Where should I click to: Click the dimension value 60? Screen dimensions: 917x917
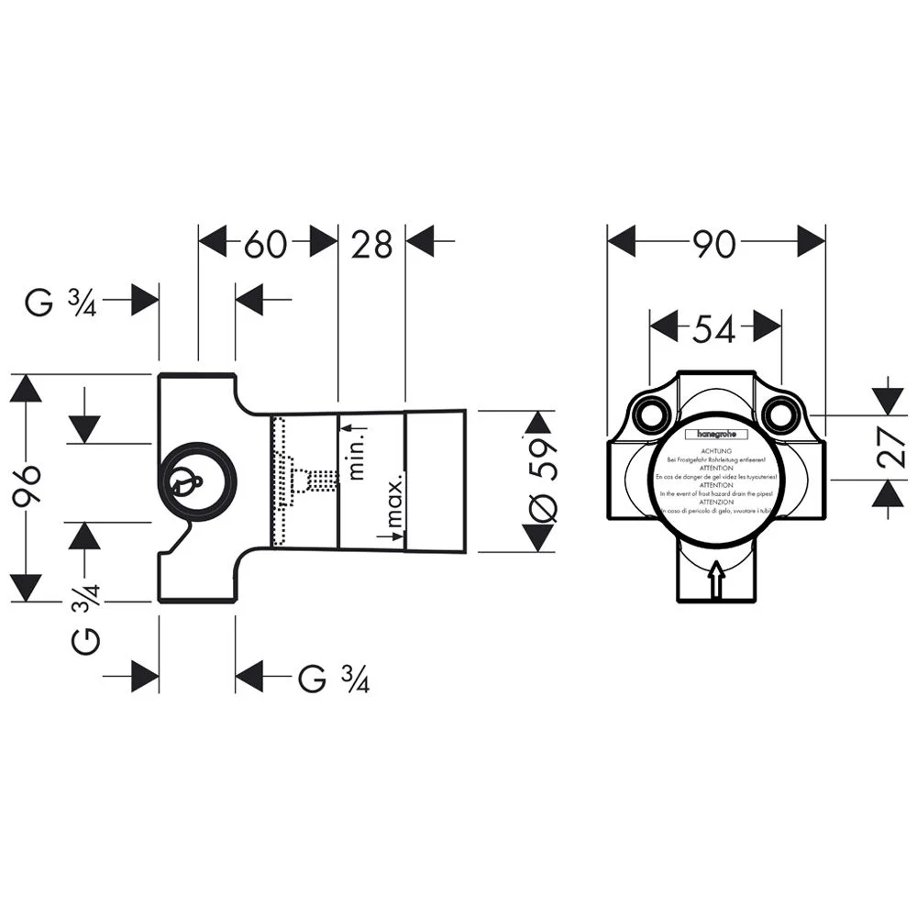(x=266, y=244)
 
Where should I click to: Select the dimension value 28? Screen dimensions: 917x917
(x=371, y=244)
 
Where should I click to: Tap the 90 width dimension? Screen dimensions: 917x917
(x=716, y=244)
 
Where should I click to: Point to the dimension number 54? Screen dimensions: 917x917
(x=716, y=326)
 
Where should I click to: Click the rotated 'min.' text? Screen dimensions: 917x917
(x=357, y=456)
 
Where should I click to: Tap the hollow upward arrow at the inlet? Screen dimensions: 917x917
(x=716, y=580)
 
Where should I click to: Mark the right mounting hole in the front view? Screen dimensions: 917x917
(x=781, y=415)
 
